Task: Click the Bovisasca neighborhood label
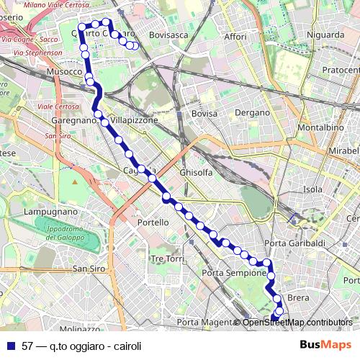[169, 34]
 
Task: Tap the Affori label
[235, 36]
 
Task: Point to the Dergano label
[252, 113]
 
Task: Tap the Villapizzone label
[134, 120]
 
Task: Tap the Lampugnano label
[50, 212]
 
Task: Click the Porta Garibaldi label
[295, 244]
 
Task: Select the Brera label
[298, 297]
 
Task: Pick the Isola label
[312, 189]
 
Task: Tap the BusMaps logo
[326, 345]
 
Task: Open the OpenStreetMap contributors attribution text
[297, 323]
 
